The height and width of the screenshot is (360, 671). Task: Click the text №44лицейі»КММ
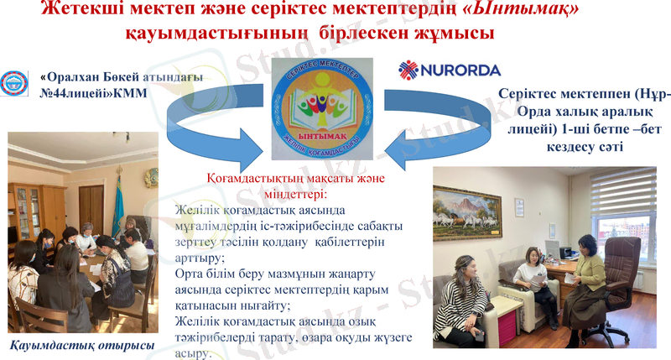click(x=87, y=94)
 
